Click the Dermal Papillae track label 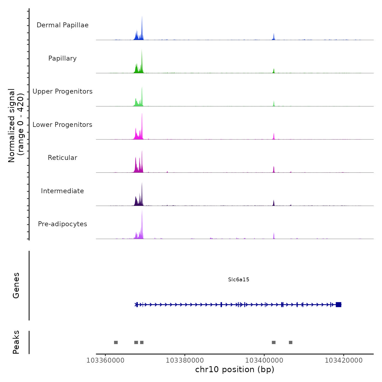pos(62,25)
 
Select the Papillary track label pos(62,58)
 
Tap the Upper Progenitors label pos(62,91)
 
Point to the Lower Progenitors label pos(62,125)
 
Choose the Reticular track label pos(62,158)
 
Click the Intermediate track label pos(62,191)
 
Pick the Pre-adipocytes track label pos(62,224)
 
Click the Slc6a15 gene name pos(238,279)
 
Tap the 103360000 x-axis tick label pos(105,360)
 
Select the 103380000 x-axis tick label pos(185,360)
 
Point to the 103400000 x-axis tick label pos(264,360)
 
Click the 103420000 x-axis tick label pos(344,360)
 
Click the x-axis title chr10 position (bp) pos(235,369)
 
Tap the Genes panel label pos(16,285)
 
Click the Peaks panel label pos(16,342)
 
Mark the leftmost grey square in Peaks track pos(116,342)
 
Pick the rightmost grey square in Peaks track pos(291,342)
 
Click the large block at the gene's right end pos(338,305)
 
